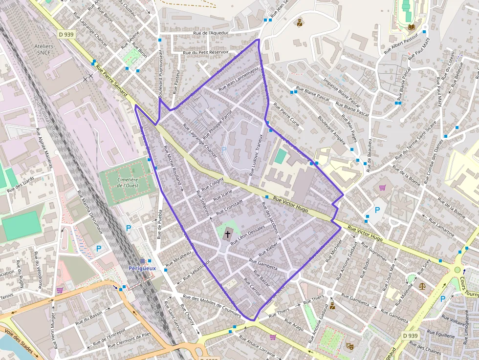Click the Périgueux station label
pos(142,268)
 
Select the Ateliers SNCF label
pos(44,49)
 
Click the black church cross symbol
pos(227,234)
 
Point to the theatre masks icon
pos(350,346)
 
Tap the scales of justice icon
pos(422,284)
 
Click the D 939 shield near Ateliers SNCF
pos(66,35)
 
